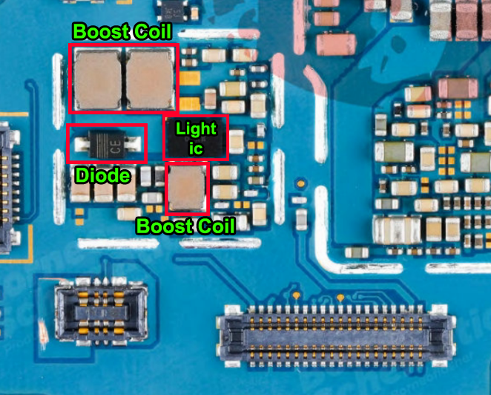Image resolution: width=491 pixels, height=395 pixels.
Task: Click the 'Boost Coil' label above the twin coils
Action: [122, 32]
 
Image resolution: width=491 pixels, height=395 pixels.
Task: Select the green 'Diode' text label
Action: [103, 176]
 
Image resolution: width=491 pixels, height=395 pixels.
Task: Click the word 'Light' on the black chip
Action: [196, 129]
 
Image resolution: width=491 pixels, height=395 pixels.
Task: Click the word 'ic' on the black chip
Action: [196, 148]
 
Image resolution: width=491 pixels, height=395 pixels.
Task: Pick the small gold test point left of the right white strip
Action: [301, 181]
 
